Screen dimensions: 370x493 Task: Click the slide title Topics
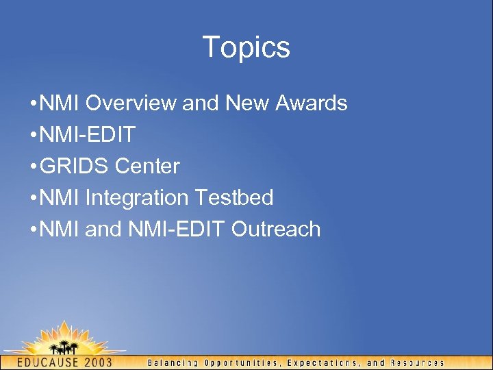(246, 48)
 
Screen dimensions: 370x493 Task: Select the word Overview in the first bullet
(131, 103)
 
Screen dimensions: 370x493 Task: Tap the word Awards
(312, 103)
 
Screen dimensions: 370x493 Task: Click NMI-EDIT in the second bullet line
(88, 135)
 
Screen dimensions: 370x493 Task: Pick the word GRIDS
(75, 166)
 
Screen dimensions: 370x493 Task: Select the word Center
(147, 166)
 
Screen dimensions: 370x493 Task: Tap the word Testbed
(234, 198)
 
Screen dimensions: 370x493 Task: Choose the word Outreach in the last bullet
(276, 229)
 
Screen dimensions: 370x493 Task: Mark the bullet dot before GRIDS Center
(34, 166)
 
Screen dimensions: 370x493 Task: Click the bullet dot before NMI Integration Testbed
(34, 198)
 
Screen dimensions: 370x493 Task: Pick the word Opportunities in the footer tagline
(240, 362)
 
